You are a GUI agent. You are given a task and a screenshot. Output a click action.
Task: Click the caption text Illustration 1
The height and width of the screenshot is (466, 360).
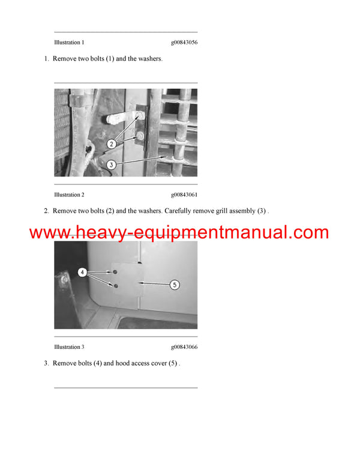69,43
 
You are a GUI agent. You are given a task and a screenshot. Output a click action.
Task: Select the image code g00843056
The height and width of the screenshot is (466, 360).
184,43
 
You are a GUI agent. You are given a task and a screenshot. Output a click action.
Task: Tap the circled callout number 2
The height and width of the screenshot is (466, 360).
111,144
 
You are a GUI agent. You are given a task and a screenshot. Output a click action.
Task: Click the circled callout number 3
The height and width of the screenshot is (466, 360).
111,164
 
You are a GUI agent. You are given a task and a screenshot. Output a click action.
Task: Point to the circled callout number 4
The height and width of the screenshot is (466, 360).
83,273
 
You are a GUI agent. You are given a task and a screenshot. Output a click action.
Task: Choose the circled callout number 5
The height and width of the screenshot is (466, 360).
175,285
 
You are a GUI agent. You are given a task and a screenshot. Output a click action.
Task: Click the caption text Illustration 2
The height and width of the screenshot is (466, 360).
69,195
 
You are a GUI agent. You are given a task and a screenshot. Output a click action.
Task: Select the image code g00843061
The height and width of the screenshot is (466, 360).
184,195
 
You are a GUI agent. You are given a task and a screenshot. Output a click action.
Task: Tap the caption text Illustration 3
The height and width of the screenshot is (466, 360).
69,346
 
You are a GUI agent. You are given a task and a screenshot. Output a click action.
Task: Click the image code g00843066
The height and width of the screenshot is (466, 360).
184,346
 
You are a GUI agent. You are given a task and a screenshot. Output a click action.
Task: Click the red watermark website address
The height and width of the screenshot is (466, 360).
179,232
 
